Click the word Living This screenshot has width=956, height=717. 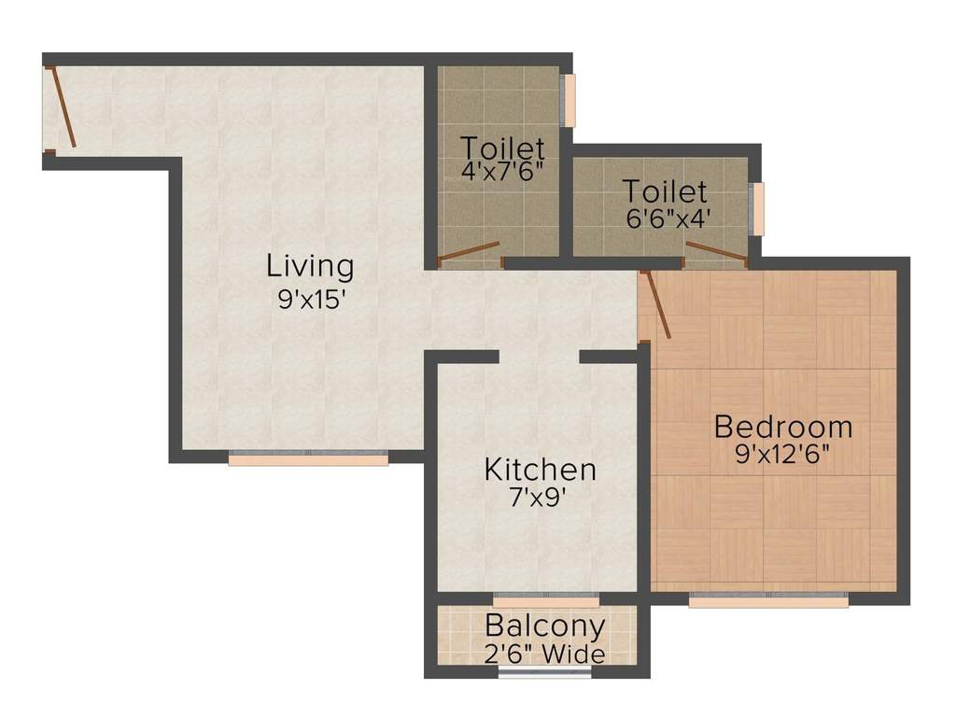click(310, 266)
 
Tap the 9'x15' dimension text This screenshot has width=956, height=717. click(310, 302)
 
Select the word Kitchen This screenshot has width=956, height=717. click(540, 470)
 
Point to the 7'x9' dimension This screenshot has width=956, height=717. click(540, 498)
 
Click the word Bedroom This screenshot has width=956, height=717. click(782, 428)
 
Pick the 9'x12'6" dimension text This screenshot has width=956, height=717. click(782, 457)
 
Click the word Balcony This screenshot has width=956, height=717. click(545, 626)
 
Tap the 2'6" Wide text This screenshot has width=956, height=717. click(545, 654)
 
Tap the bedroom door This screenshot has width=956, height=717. click(655, 304)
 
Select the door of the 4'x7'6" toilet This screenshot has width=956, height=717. click(470, 251)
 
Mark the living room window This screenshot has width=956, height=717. click(308, 457)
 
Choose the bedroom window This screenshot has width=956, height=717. click(768, 599)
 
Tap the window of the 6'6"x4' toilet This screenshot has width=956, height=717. click(757, 209)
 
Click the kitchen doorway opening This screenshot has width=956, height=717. click(539, 357)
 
